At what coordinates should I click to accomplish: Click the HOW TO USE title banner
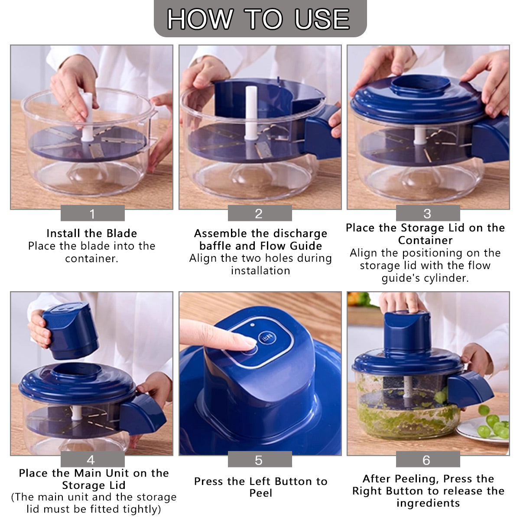[260, 19]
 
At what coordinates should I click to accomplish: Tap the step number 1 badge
[92, 214]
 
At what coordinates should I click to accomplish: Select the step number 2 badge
[259, 214]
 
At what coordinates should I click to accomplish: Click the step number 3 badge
[427, 214]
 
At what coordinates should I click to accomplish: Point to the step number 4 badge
[91, 459]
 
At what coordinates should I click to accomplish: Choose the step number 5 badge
[259, 460]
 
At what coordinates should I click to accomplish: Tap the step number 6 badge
[427, 460]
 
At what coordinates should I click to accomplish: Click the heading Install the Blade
[92, 234]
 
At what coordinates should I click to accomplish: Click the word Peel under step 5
[261, 493]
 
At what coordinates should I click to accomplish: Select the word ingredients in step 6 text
[428, 503]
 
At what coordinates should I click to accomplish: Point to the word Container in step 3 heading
[426, 240]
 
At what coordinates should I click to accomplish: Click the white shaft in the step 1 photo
[88, 115]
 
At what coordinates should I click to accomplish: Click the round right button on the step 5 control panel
[266, 338]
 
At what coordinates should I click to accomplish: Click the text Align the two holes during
[260, 258]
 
